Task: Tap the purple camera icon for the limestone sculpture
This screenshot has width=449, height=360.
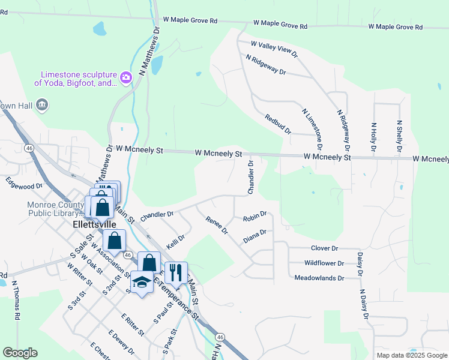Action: pyautogui.click(x=126, y=77)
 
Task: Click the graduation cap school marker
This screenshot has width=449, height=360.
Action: pyautogui.click(x=142, y=282)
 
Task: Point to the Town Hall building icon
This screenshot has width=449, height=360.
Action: pyautogui.click(x=41, y=105)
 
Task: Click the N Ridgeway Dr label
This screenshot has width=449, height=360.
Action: pyautogui.click(x=266, y=64)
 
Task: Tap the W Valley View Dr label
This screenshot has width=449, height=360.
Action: pyautogui.click(x=274, y=49)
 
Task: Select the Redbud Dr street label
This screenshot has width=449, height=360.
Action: pyautogui.click(x=278, y=122)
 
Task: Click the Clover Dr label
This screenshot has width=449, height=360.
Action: pyautogui.click(x=325, y=248)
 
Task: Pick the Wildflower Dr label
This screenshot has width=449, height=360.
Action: pyautogui.click(x=324, y=263)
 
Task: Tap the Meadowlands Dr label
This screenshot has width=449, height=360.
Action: pyautogui.click(x=319, y=278)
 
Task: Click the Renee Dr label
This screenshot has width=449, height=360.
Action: pyautogui.click(x=217, y=226)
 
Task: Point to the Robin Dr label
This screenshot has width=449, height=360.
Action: pyautogui.click(x=255, y=220)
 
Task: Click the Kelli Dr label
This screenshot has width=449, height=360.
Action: pyautogui.click(x=175, y=241)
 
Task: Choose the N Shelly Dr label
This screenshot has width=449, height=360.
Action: pyautogui.click(x=399, y=135)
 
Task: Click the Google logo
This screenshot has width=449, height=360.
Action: pyautogui.click(x=20, y=353)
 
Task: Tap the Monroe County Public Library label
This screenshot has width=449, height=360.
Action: pyautogui.click(x=42, y=208)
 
